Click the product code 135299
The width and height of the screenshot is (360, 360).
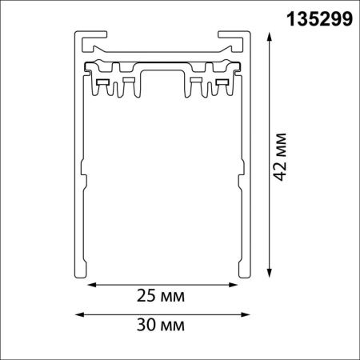pyautogui.click(x=319, y=19)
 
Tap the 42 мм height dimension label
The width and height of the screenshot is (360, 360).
pyautogui.click(x=281, y=157)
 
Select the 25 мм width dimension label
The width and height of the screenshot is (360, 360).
pyautogui.click(x=161, y=296)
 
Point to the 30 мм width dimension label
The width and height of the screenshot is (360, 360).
pyautogui.click(x=161, y=325)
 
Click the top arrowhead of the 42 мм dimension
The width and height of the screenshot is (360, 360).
pyautogui.click(x=270, y=36)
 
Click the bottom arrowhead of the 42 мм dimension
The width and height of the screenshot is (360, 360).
pyautogui.click(x=270, y=274)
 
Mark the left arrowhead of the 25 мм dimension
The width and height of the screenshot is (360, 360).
pyautogui.click(x=92, y=285)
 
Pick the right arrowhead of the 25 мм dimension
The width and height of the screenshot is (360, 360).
pyautogui.click(x=233, y=285)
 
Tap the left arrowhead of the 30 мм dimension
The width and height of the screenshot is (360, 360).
pyautogui.click(x=79, y=314)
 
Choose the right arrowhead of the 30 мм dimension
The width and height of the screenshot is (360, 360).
pyautogui.click(x=246, y=314)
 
